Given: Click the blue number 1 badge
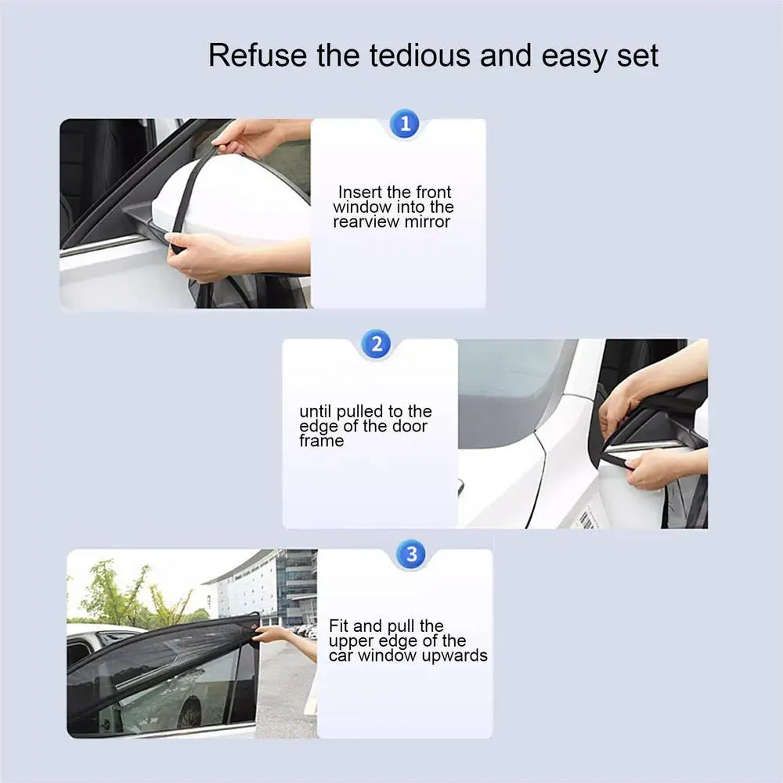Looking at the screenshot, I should click(405, 124).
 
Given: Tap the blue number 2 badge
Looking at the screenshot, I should click(377, 345).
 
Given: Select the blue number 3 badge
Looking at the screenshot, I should click(411, 554).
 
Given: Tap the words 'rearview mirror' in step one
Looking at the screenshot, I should click(391, 222).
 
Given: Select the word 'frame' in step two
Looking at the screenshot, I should click(321, 441).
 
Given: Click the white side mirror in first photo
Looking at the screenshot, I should click(227, 200).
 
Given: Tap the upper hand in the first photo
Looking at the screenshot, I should click(247, 138).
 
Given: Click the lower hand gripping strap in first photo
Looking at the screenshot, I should click(200, 254).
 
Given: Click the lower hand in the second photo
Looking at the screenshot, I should click(655, 468).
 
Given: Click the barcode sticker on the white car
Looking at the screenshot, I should click(586, 519).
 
